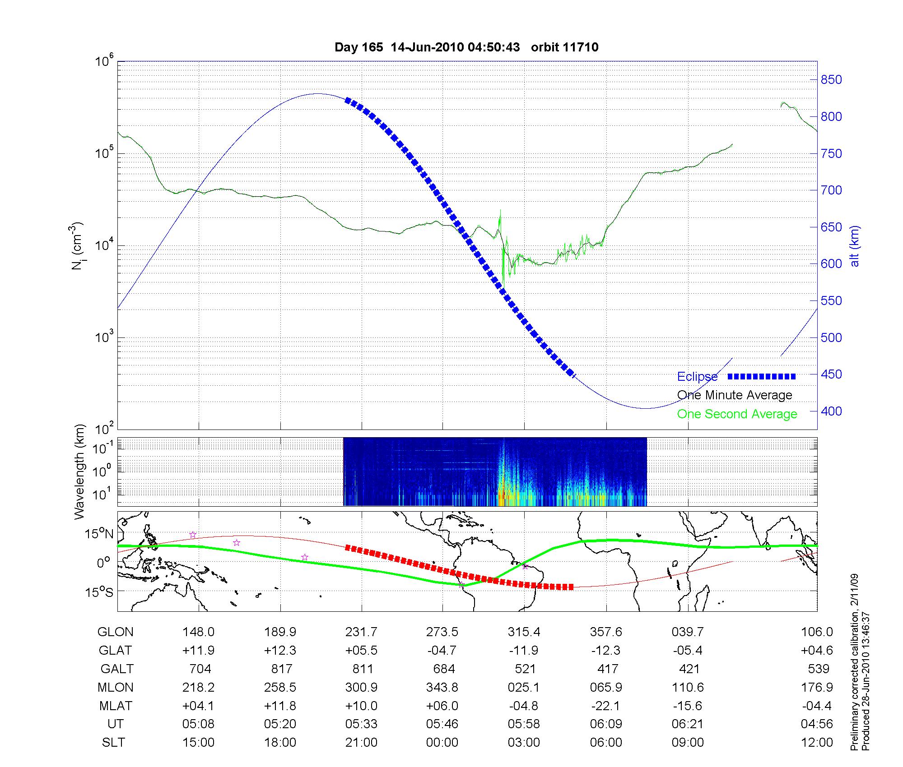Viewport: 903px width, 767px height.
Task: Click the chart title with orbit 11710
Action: pyautogui.click(x=466, y=47)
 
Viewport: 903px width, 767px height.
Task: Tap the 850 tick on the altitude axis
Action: pyautogui.click(x=831, y=80)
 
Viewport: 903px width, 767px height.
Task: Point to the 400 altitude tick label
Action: pyautogui.click(x=831, y=411)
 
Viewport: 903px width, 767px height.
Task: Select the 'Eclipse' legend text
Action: pyautogui.click(x=697, y=377)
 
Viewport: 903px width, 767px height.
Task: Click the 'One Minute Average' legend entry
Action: pyautogui.click(x=735, y=395)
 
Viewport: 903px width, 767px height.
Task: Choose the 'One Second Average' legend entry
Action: pyautogui.click(x=737, y=414)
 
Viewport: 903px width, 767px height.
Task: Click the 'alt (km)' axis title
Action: pyautogui.click(x=855, y=246)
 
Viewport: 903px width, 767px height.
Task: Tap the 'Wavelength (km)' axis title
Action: pyautogui.click(x=79, y=472)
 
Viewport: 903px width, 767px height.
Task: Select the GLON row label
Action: pyautogui.click(x=116, y=632)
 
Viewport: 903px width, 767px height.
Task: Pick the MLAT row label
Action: pyautogui.click(x=116, y=706)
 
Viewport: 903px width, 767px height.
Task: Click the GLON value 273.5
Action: pyautogui.click(x=442, y=632)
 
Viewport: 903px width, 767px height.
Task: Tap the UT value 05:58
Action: pyautogui.click(x=524, y=724)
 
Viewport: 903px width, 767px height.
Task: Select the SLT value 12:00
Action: pyautogui.click(x=817, y=743)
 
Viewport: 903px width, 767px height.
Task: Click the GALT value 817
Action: pyautogui.click(x=281, y=669)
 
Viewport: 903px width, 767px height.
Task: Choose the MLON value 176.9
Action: pyautogui.click(x=817, y=687)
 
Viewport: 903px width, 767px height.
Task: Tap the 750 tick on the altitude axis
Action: pyautogui.click(x=831, y=154)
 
